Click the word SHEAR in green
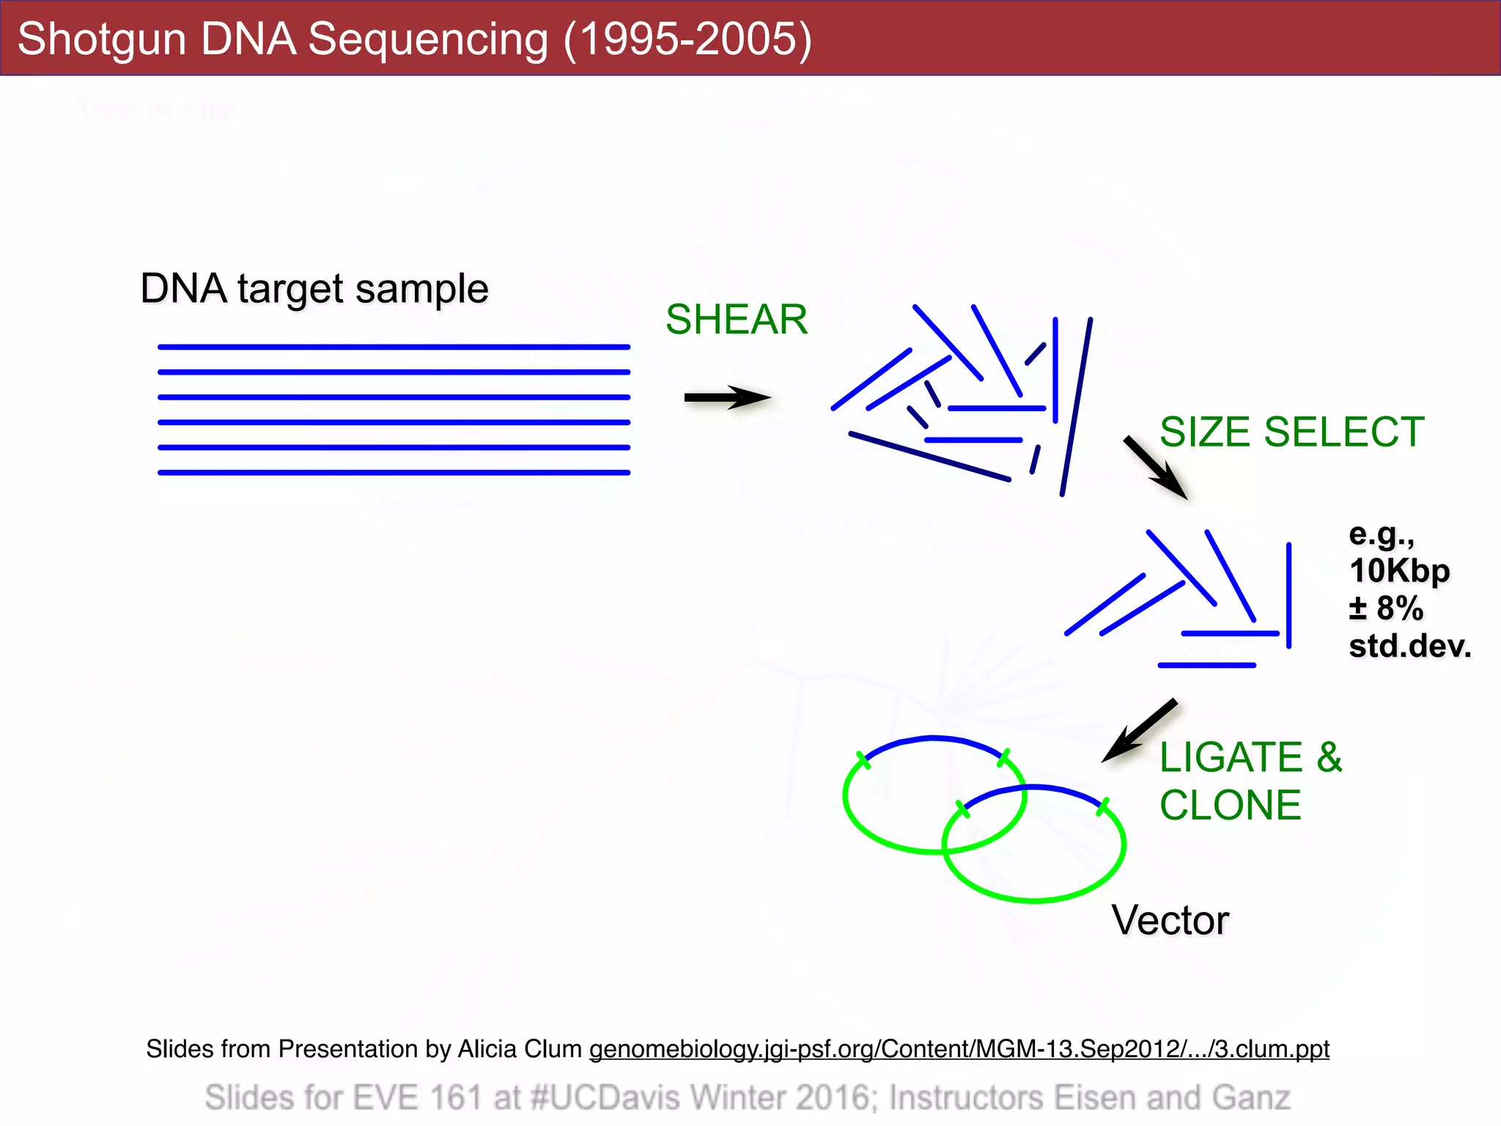tap(736, 320)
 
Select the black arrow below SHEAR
tap(726, 398)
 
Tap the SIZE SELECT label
tap(1291, 432)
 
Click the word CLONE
tap(1230, 806)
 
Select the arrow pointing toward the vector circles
tap(1140, 731)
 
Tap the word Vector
tap(1170, 920)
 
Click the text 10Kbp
tap(1399, 571)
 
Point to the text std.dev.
tap(1409, 647)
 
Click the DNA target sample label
tap(314, 289)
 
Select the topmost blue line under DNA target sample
tap(394, 347)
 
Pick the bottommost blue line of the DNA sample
tap(394, 473)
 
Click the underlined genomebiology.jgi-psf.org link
tap(959, 1049)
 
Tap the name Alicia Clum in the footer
tap(520, 1049)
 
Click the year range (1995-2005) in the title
tap(687, 39)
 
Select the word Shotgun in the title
tap(101, 39)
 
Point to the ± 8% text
tap(1386, 608)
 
